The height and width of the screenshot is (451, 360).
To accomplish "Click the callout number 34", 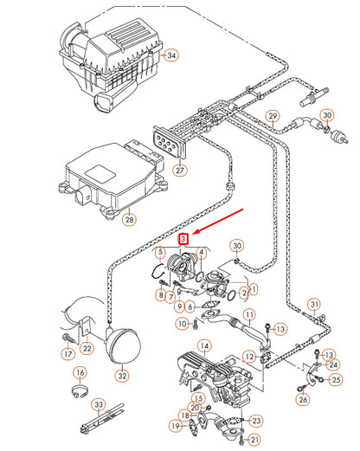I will click(x=171, y=55).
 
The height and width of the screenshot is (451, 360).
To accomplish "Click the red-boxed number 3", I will click(x=183, y=237).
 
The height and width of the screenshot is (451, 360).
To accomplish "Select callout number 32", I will click(x=121, y=377).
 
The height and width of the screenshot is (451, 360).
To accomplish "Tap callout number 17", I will click(x=67, y=353).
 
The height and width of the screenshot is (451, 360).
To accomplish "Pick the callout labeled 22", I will click(x=87, y=348).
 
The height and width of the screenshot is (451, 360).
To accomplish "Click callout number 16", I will click(x=80, y=373).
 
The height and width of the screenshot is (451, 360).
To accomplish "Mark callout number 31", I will click(x=315, y=303).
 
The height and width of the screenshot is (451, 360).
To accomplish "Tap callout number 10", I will click(x=182, y=323).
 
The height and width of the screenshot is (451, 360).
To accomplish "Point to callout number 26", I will click(x=303, y=399).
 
